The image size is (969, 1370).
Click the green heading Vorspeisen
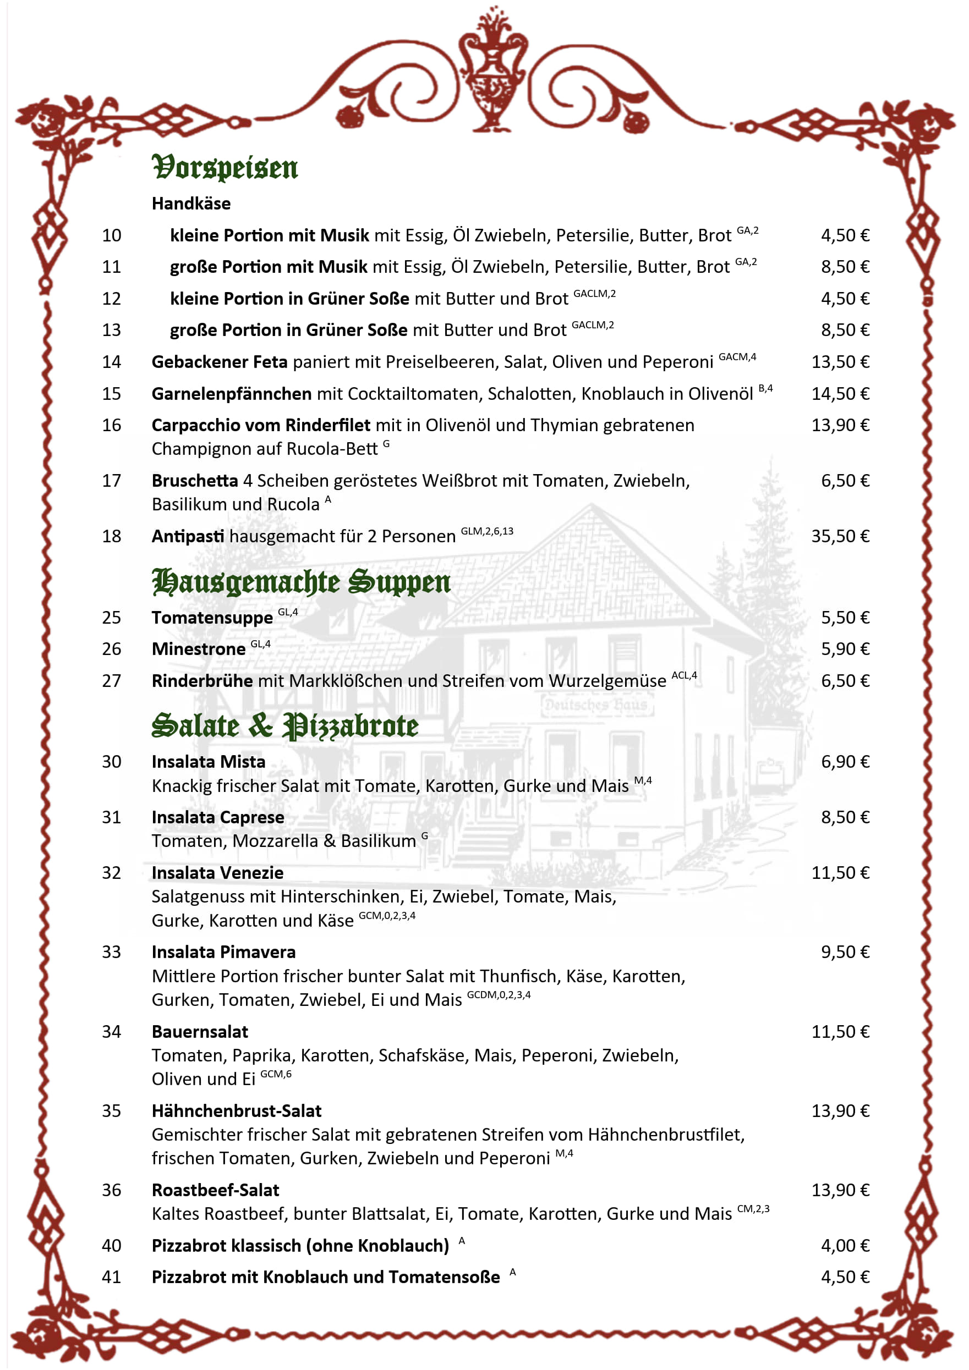pyautogui.click(x=225, y=168)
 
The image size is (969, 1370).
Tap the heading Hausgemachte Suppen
pyautogui.click(x=301, y=582)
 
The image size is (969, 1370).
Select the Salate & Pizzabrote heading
pyautogui.click(x=285, y=726)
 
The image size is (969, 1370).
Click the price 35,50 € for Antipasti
pyautogui.click(x=840, y=536)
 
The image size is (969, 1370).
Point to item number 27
pyautogui.click(x=112, y=681)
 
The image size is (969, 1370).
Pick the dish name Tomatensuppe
pyautogui.click(x=212, y=618)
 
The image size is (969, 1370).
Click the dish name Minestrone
pyautogui.click(x=198, y=649)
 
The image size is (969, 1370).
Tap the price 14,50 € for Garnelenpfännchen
pyautogui.click(x=840, y=394)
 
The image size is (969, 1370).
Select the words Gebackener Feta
pyautogui.click(x=219, y=362)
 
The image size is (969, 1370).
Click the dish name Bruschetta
pyautogui.click(x=195, y=481)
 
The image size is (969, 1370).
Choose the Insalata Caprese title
pyautogui.click(x=218, y=817)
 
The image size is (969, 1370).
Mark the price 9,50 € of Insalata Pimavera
pyautogui.click(x=845, y=953)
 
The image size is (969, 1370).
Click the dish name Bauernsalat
pyautogui.click(x=200, y=1032)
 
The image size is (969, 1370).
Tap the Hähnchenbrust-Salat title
pyautogui.click(x=237, y=1111)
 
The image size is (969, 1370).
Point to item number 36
pyautogui.click(x=112, y=1190)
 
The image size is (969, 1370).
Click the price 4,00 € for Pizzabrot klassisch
pyautogui.click(x=845, y=1246)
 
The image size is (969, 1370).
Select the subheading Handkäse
pyautogui.click(x=191, y=204)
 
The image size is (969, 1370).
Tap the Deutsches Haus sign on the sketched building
pyautogui.click(x=596, y=705)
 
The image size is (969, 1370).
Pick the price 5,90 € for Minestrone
pyautogui.click(x=845, y=649)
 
